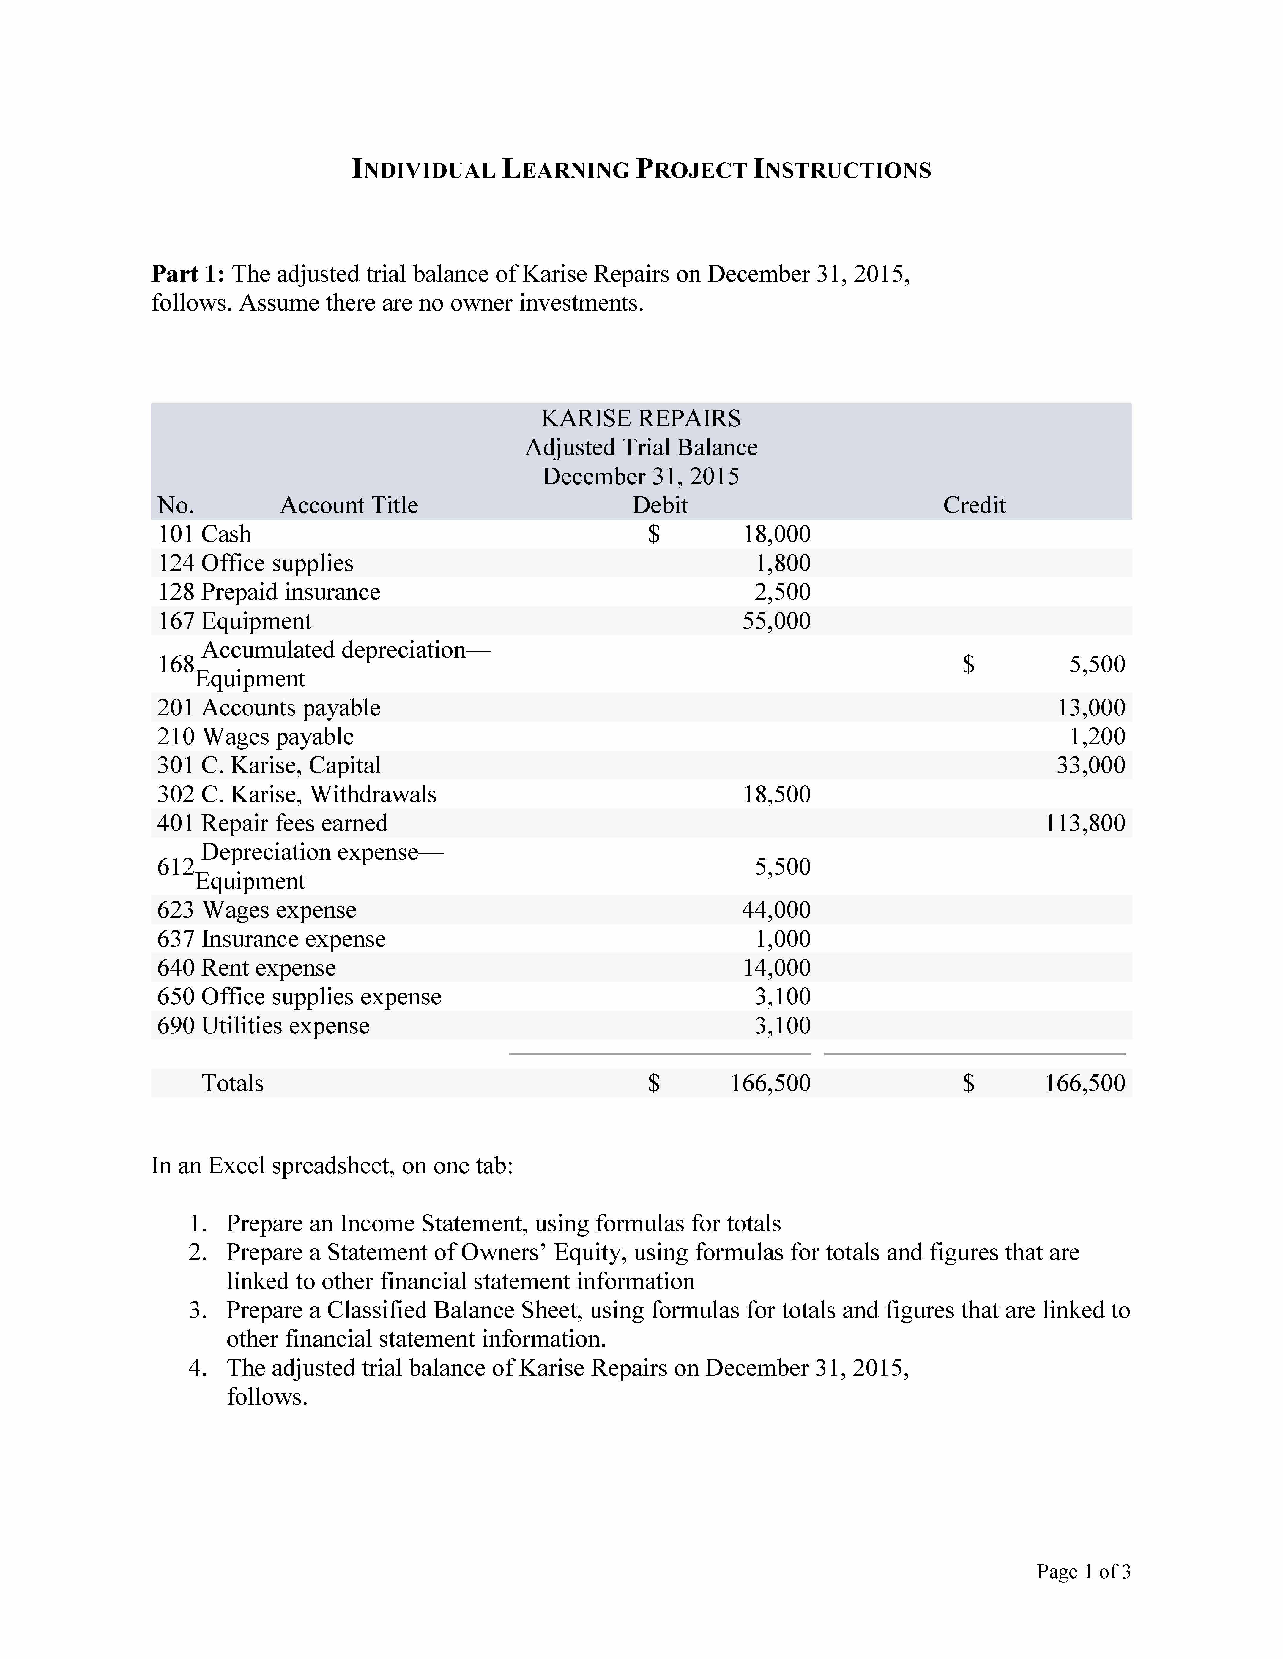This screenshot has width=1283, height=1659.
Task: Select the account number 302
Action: (176, 794)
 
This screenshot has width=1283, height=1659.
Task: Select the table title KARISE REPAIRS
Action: (641, 419)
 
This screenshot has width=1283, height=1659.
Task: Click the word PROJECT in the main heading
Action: (691, 170)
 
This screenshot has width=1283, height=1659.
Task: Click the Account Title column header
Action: (349, 505)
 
